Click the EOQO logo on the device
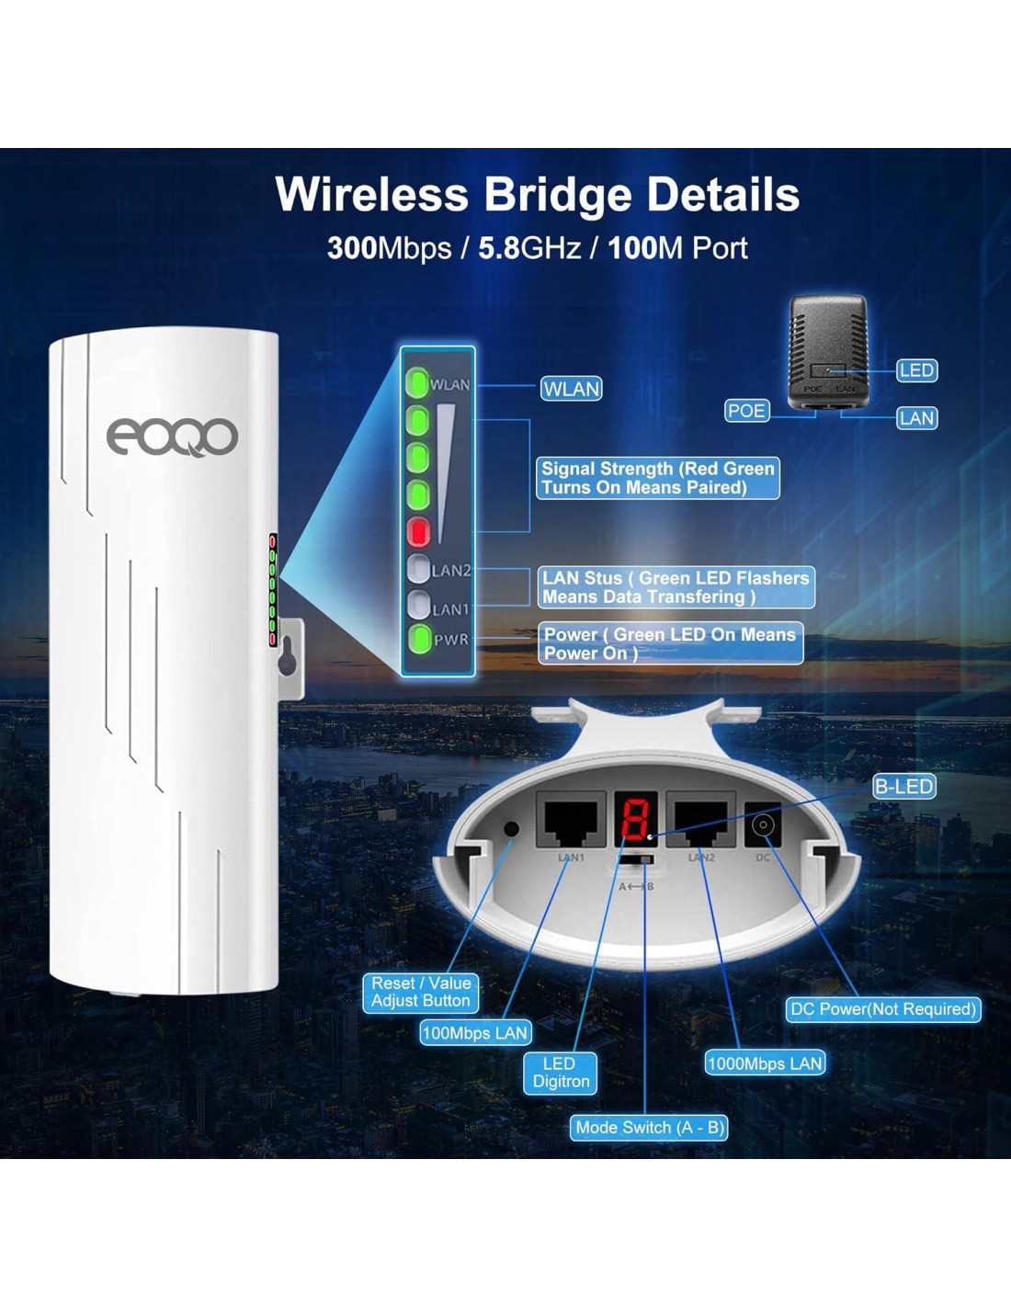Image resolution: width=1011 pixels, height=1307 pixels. [x=172, y=437]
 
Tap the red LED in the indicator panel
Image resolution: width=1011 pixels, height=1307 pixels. [x=418, y=531]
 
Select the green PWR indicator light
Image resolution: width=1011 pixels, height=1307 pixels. [x=419, y=638]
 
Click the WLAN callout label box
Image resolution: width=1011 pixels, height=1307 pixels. [x=571, y=389]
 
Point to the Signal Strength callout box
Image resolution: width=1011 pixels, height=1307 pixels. [x=657, y=478]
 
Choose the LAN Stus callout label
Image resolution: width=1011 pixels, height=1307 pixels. [x=676, y=587]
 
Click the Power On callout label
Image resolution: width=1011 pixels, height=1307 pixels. [x=669, y=643]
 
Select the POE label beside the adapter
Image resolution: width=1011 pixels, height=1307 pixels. [x=746, y=411]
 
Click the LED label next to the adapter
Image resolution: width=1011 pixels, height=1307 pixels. [x=916, y=370]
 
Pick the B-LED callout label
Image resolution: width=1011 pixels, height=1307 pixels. [x=903, y=787]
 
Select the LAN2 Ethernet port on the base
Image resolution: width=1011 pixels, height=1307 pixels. [x=700, y=820]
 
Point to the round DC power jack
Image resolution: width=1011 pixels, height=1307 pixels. [x=762, y=825]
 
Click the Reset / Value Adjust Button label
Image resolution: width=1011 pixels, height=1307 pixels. [x=420, y=992]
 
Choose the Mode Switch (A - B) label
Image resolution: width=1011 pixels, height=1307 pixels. [x=649, y=1128]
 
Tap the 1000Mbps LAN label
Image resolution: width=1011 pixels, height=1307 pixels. [x=765, y=1063]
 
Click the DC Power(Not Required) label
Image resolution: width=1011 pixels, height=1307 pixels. [x=883, y=1009]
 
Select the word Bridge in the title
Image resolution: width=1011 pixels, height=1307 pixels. [x=558, y=195]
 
